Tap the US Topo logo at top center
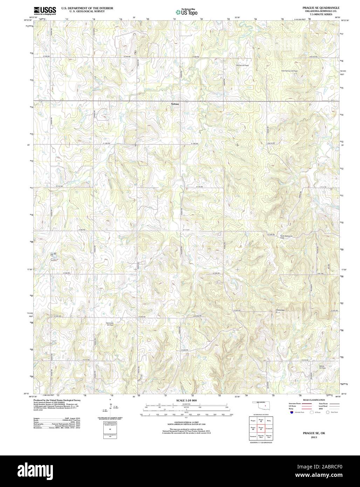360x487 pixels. (187, 12)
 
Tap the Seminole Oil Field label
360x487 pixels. (110, 323)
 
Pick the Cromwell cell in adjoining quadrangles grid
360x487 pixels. (269, 428)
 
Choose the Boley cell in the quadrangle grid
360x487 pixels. (269, 420)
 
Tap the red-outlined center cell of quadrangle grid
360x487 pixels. (261, 428)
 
